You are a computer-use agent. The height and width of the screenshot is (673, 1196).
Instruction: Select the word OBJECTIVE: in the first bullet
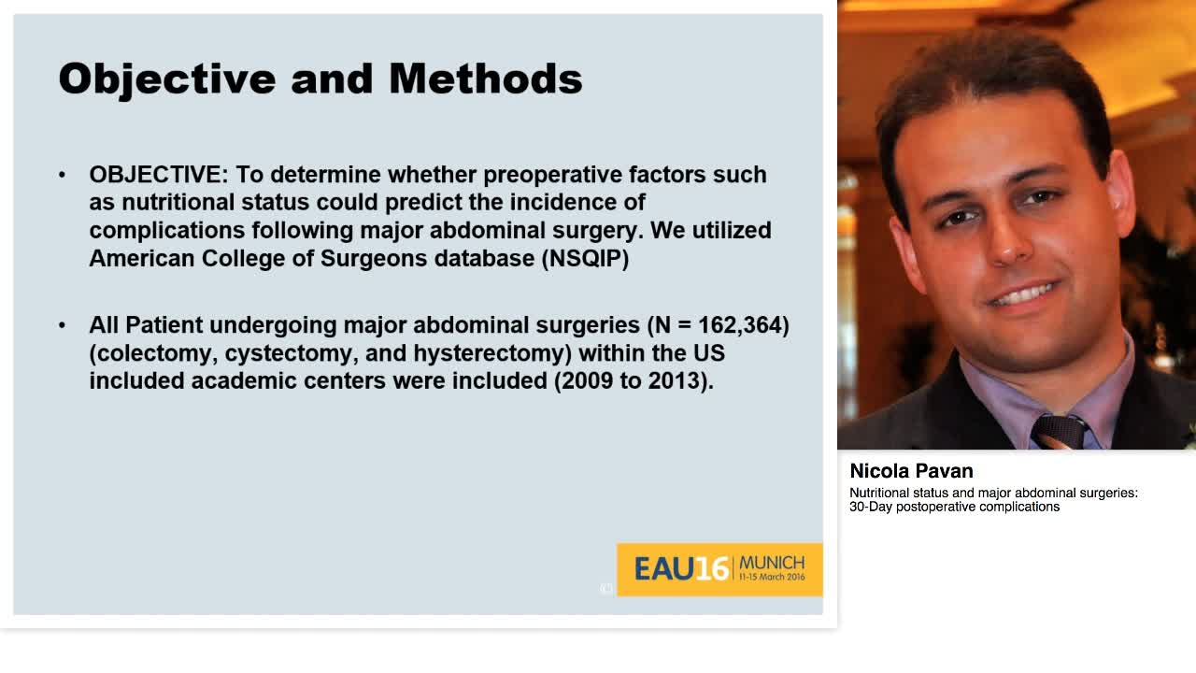pyautogui.click(x=158, y=175)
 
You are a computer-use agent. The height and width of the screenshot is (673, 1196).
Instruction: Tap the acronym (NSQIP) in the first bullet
pyautogui.click(x=585, y=259)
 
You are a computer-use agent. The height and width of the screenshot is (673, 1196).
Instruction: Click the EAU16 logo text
pyautogui.click(x=680, y=568)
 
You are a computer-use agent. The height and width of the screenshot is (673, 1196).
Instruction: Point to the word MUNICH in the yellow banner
pyautogui.click(x=771, y=563)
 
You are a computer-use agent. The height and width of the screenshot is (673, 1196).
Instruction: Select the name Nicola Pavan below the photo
pyautogui.click(x=911, y=471)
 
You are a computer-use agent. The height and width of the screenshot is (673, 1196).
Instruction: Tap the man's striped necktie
pyautogui.click(x=1058, y=431)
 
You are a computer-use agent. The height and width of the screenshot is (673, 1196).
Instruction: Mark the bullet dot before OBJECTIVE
pyautogui.click(x=63, y=176)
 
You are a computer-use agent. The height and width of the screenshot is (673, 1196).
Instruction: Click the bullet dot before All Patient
pyautogui.click(x=63, y=325)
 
